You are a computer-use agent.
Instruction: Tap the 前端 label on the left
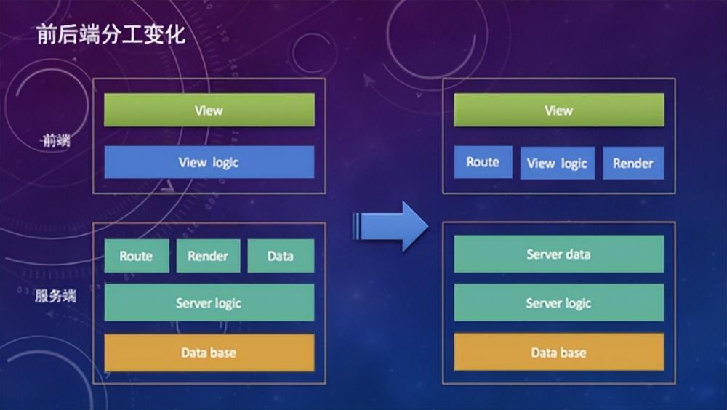tap(56, 141)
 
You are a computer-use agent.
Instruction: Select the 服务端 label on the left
tap(56, 296)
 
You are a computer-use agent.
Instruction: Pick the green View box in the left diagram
tap(209, 110)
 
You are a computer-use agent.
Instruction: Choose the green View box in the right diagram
tap(558, 110)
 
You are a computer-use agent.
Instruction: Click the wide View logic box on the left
tap(209, 162)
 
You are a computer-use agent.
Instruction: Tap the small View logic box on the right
tap(558, 163)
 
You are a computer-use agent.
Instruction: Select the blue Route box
tap(483, 162)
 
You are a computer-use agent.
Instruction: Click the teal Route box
tap(136, 256)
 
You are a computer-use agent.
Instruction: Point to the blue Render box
tap(632, 163)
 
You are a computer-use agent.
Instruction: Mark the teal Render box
tap(208, 256)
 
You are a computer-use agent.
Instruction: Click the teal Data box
tap(281, 256)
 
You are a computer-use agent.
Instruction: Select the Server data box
tap(558, 254)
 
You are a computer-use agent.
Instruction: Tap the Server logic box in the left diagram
tap(209, 302)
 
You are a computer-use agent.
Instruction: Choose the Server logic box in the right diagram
tap(558, 302)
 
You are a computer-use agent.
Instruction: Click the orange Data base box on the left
tap(209, 353)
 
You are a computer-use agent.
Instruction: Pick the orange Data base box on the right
tap(558, 353)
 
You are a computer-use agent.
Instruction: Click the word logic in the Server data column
tap(574, 303)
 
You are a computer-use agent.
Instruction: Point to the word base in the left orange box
tap(223, 353)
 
